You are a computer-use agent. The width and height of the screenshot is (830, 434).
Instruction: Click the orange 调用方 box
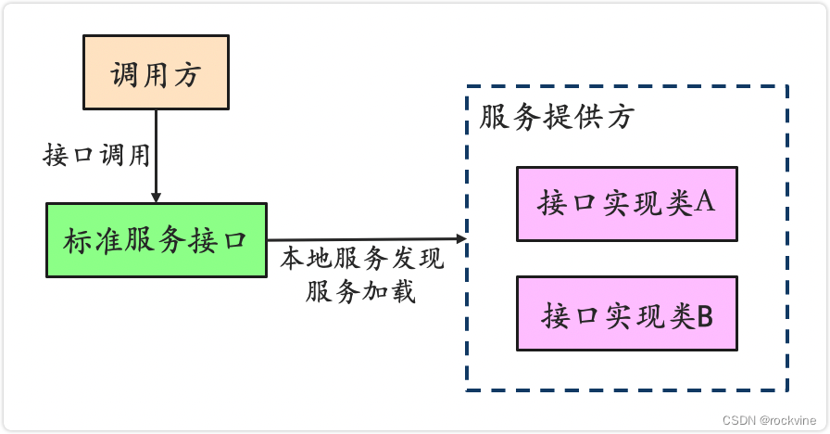tap(156, 73)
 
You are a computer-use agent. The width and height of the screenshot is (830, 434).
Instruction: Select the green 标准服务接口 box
tap(156, 239)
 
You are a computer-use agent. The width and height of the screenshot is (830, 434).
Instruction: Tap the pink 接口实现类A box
tap(626, 203)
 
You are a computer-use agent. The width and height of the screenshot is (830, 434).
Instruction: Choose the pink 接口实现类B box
tap(626, 313)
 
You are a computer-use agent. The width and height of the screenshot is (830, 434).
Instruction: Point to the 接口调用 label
tap(96, 155)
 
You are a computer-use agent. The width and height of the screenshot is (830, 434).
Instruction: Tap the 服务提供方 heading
tap(557, 117)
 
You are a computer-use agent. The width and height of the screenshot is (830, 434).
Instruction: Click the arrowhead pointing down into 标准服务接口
tap(156, 197)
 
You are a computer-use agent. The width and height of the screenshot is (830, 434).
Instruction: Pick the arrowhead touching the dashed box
tap(460, 239)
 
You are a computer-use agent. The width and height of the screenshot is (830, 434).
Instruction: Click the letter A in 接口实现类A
tap(703, 202)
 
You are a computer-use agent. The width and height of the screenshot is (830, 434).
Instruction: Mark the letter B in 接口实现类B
tap(704, 315)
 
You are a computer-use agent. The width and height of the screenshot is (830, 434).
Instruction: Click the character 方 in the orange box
tap(186, 74)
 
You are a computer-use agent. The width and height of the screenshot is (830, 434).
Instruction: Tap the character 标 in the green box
tap(78, 240)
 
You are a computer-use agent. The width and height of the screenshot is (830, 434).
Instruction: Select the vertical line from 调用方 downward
tap(156, 148)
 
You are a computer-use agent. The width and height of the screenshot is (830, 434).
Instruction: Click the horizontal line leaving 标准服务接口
tap(361, 239)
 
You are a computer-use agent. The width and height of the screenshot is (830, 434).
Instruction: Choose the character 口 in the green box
tap(233, 240)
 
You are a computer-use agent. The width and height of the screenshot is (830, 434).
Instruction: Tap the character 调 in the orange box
tap(125, 74)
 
